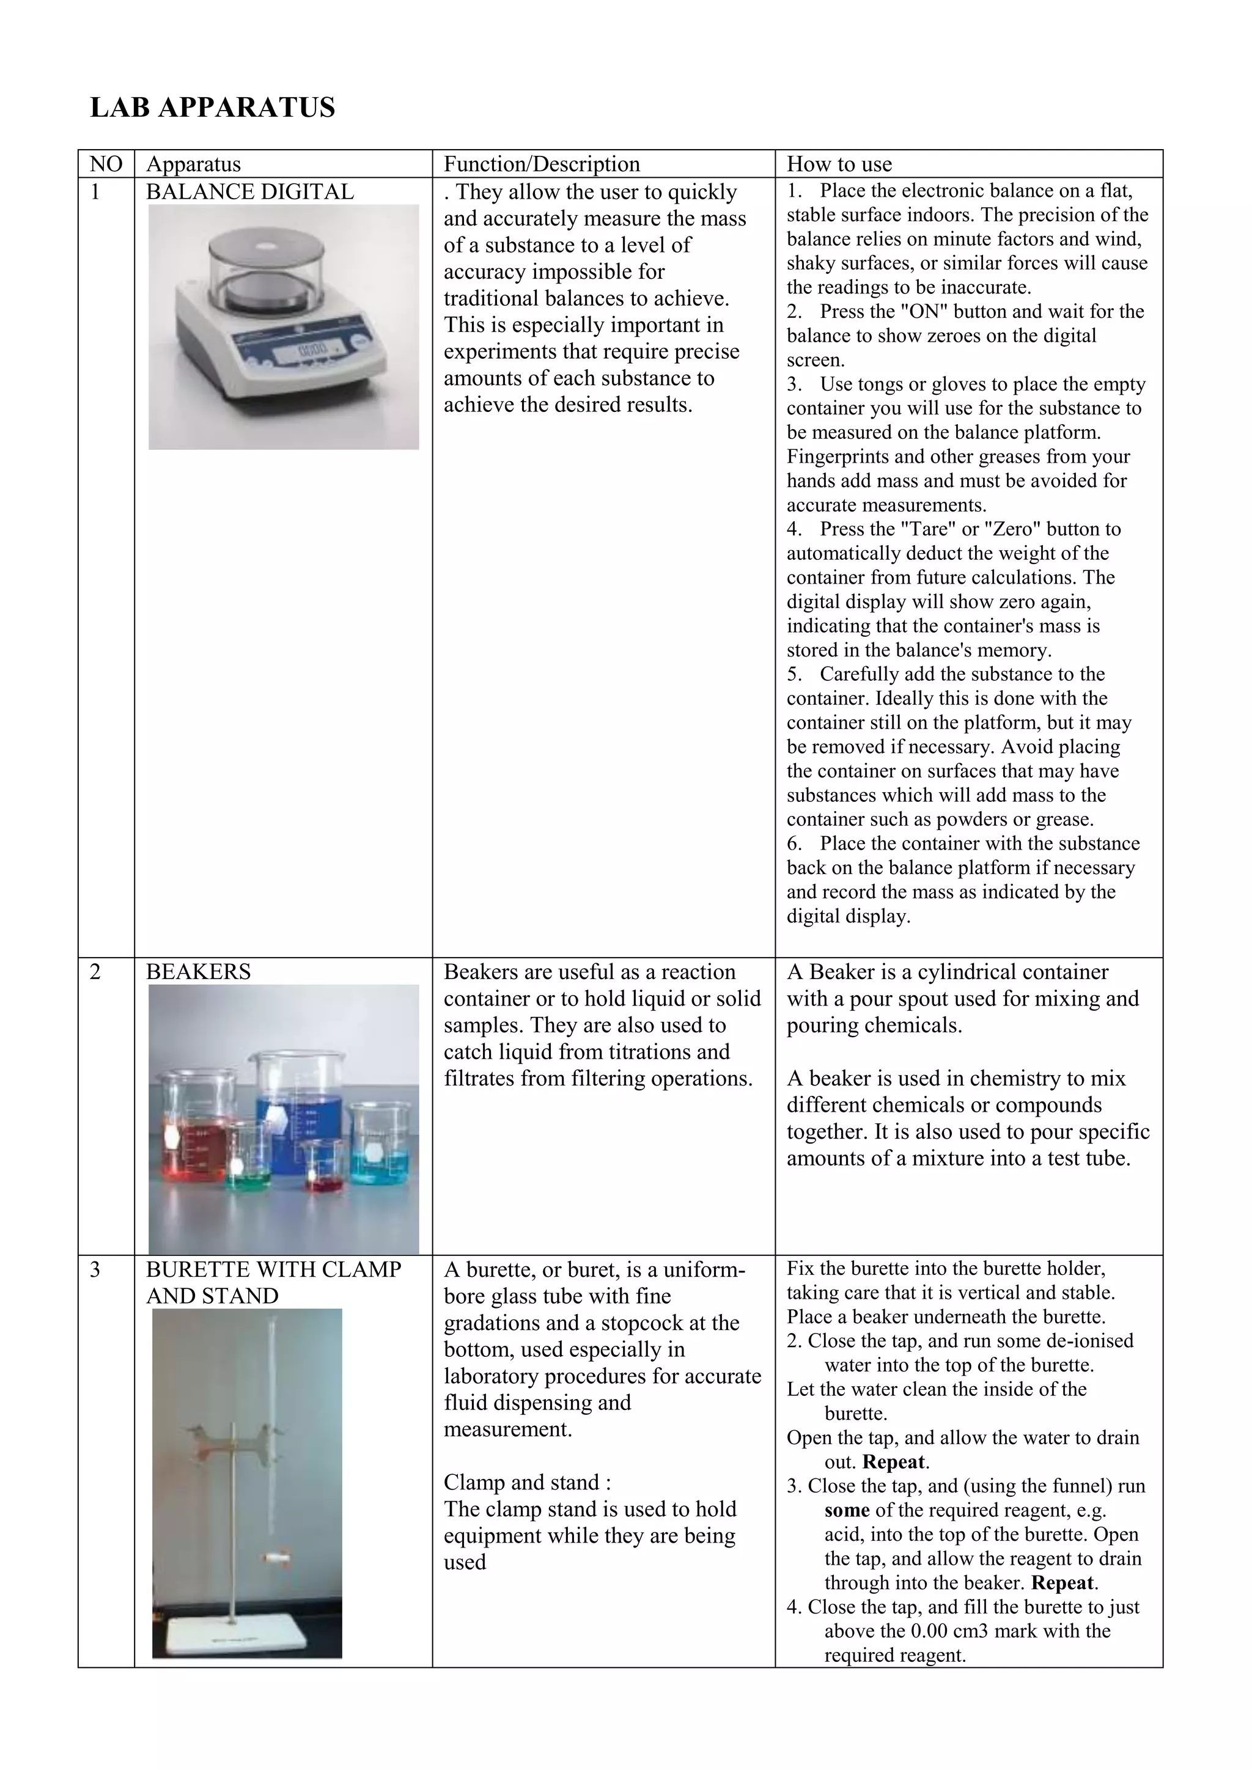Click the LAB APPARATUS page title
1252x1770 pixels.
[213, 107]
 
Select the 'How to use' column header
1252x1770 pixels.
[839, 164]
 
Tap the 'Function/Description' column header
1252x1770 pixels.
[541, 164]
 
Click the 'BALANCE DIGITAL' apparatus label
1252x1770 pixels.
[250, 192]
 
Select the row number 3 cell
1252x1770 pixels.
[95, 1269]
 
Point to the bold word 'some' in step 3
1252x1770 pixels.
[847, 1510]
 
